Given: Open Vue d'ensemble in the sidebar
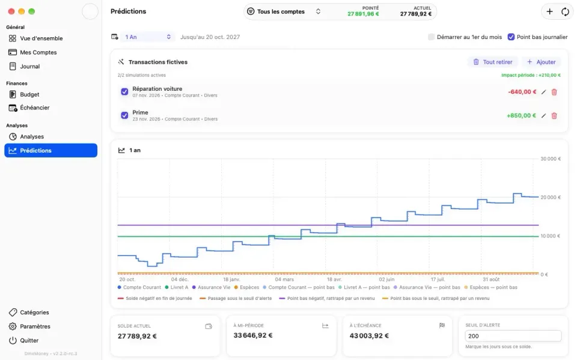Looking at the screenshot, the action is pyautogui.click(x=35, y=38).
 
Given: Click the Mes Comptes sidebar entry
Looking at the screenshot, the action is pyautogui.click(x=32, y=52).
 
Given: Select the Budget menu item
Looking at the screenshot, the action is pyautogui.click(x=24, y=94).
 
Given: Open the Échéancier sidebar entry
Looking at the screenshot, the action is pyautogui.click(x=29, y=108).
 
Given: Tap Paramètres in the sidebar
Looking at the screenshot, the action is pyautogui.click(x=29, y=326).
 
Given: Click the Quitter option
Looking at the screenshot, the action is pyautogui.click(x=23, y=340).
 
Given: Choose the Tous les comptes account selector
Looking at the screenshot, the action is pyautogui.click(x=284, y=11).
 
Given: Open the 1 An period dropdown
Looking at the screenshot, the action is pyautogui.click(x=148, y=37).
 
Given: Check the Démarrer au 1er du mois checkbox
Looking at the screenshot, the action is pyautogui.click(x=431, y=37).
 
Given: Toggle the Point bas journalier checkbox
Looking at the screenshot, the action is pyautogui.click(x=511, y=37).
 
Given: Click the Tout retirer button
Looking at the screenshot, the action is pyautogui.click(x=493, y=62).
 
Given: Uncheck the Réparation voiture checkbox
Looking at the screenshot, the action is pyautogui.click(x=124, y=92).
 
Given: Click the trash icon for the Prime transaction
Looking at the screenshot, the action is pyautogui.click(x=554, y=115).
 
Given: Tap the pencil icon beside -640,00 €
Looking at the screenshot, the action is pyautogui.click(x=543, y=92).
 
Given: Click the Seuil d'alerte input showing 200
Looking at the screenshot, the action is pyautogui.click(x=513, y=336).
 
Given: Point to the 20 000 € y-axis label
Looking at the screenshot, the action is pyautogui.click(x=551, y=197).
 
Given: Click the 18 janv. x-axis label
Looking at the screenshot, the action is pyautogui.click(x=231, y=279).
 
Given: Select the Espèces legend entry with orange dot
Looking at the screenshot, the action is pyautogui.click(x=246, y=287).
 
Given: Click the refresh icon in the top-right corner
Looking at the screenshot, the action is pyautogui.click(x=565, y=12).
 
